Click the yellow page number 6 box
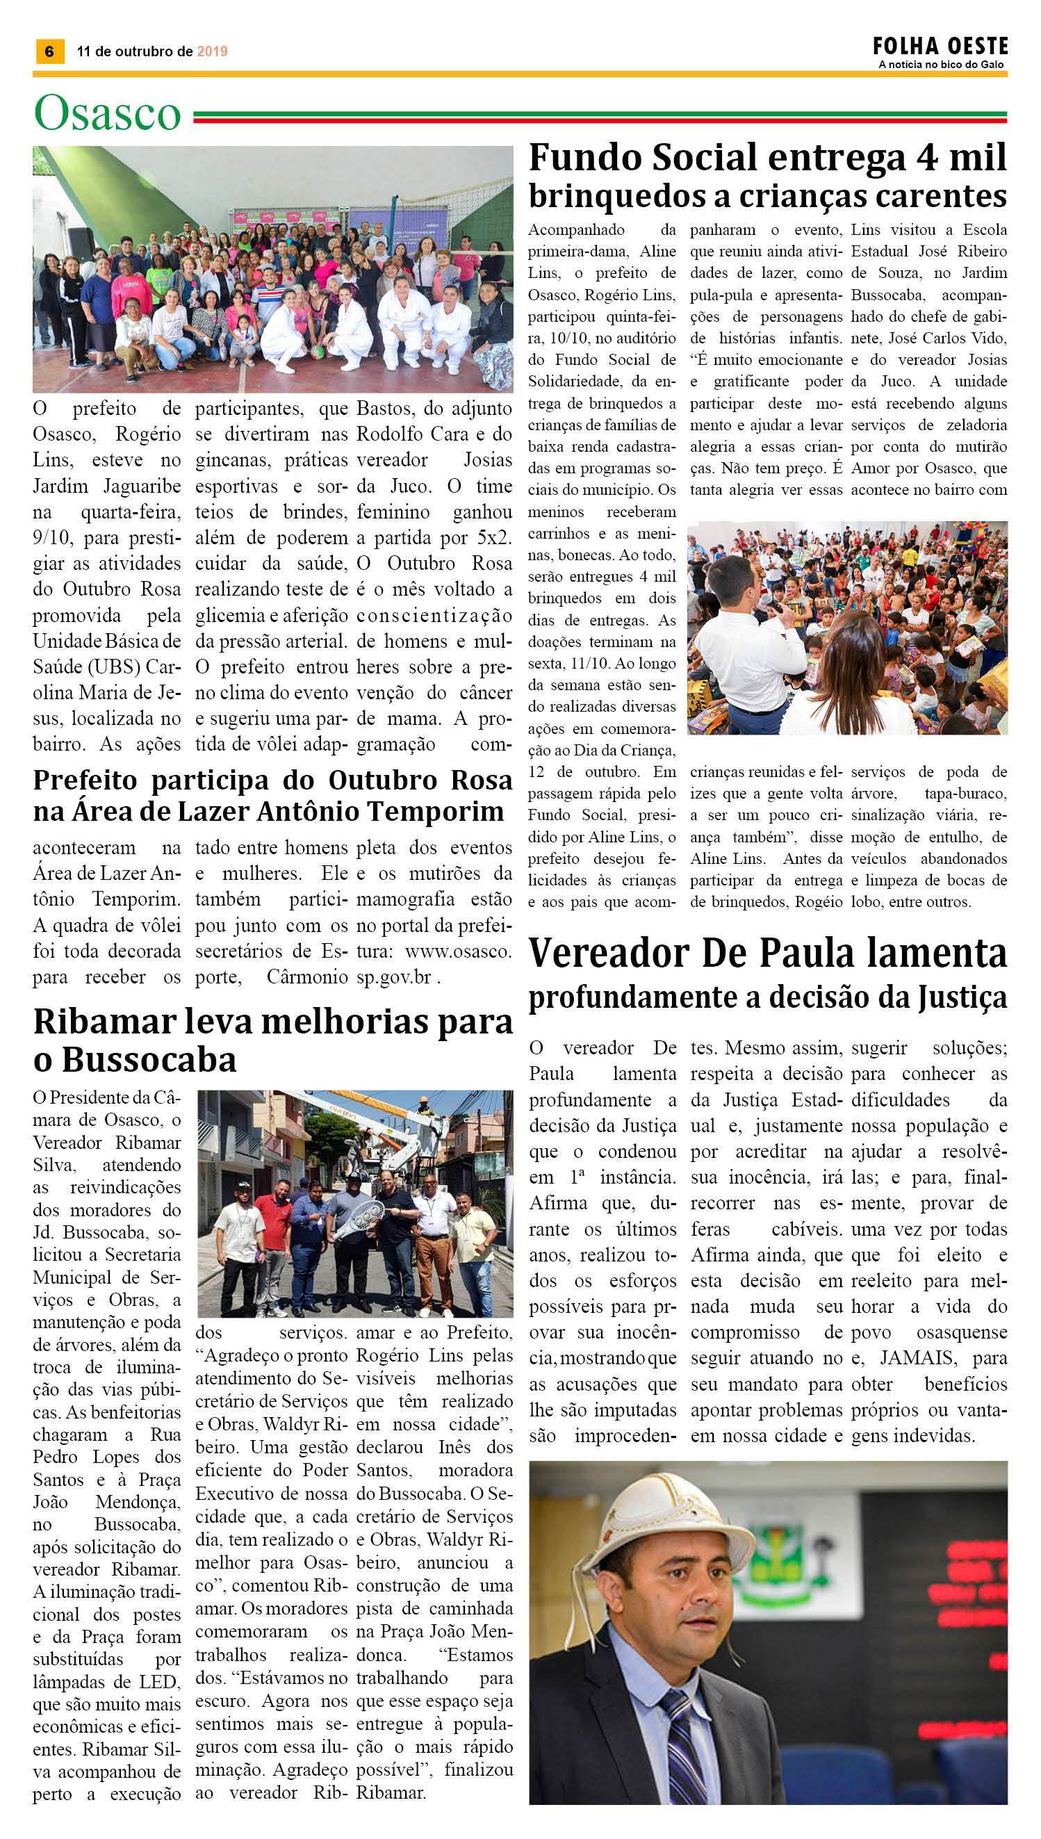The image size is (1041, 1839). coord(49,51)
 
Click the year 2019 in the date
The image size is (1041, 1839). coord(212,51)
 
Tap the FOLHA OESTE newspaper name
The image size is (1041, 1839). coord(940,47)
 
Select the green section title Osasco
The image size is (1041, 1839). coord(107,113)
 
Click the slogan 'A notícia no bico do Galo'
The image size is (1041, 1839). coord(941,65)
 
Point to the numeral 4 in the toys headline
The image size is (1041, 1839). coord(926,158)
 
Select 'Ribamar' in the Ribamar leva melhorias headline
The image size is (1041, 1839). coord(105,1022)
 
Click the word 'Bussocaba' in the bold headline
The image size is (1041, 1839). coord(149,1060)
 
